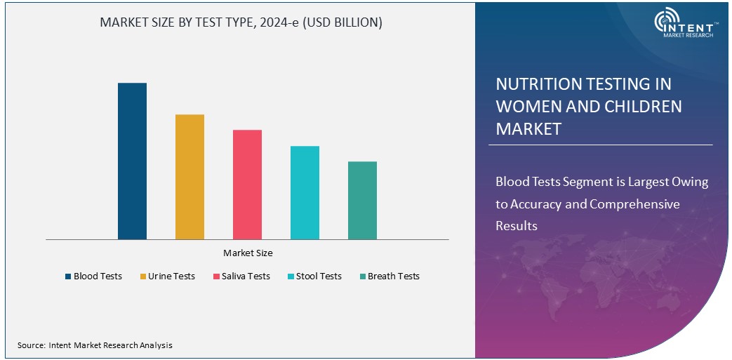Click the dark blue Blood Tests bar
132,161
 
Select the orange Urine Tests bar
189,177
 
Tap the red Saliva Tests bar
247,185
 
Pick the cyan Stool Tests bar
305,193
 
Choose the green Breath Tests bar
362,201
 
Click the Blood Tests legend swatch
68,276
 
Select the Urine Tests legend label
171,276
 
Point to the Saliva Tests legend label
246,276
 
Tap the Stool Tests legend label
319,276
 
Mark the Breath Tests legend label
393,276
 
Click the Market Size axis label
248,253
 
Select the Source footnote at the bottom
95,345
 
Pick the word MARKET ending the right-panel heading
528,129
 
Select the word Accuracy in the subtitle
547,204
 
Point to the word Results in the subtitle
517,226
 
